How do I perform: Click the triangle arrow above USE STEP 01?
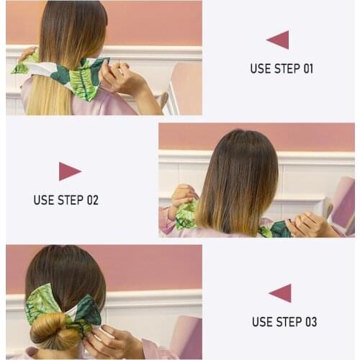(x=279, y=40)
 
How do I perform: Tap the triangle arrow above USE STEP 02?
(x=69, y=171)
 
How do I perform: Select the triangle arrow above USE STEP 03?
(x=280, y=293)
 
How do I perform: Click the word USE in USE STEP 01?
(x=261, y=69)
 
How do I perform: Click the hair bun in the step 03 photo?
(x=58, y=333)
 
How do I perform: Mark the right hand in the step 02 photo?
(x=310, y=225)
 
